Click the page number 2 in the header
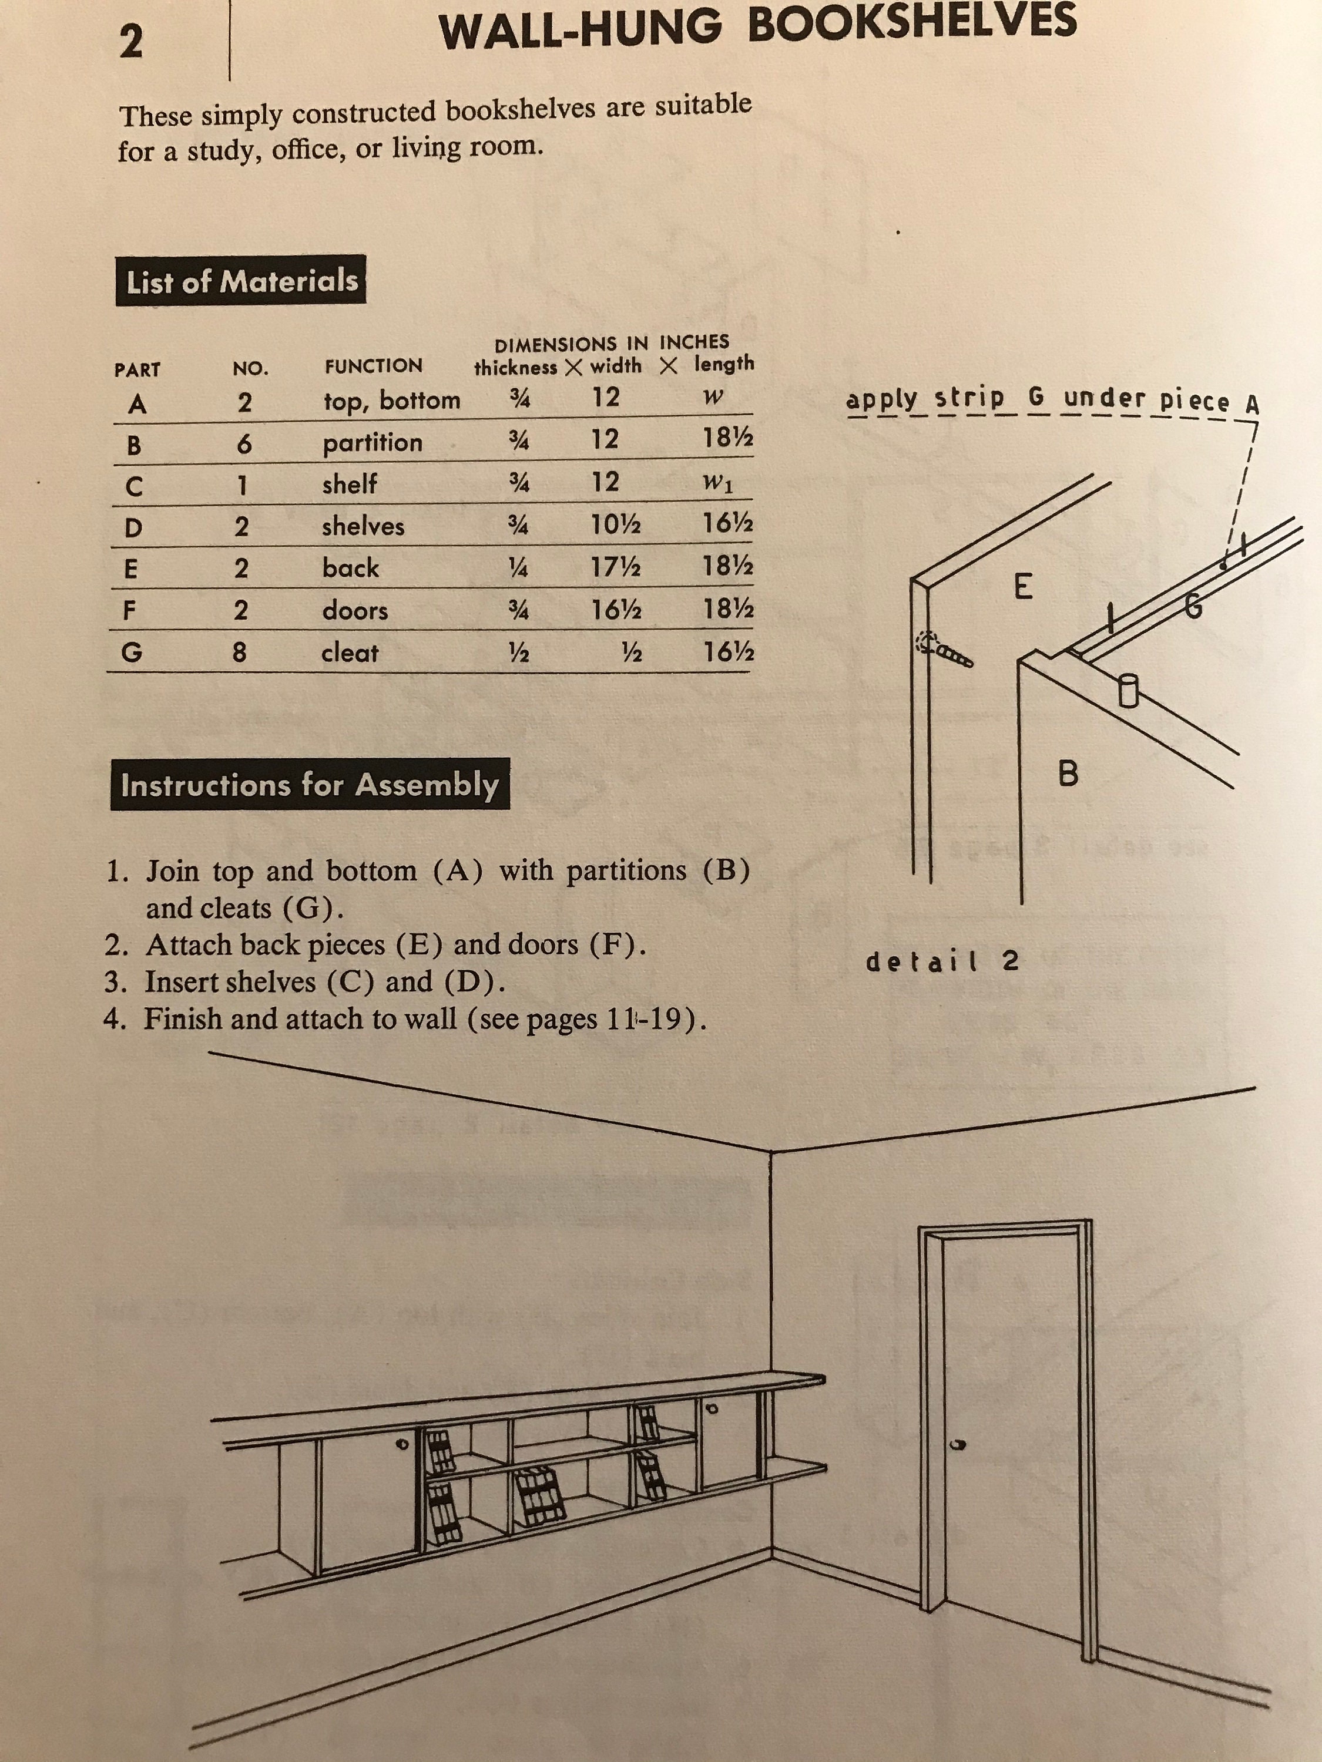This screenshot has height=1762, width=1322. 130,42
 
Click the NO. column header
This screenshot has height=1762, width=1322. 250,369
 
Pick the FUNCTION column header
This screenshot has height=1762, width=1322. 373,366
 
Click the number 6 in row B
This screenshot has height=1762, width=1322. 244,443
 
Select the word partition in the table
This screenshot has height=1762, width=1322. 372,443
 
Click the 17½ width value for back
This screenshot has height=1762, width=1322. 616,567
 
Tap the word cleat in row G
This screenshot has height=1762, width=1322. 349,653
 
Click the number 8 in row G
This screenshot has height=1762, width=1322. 239,653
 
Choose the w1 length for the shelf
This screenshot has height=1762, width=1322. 717,483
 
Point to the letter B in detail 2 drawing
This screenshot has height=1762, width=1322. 1068,773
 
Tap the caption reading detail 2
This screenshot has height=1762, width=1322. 942,961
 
